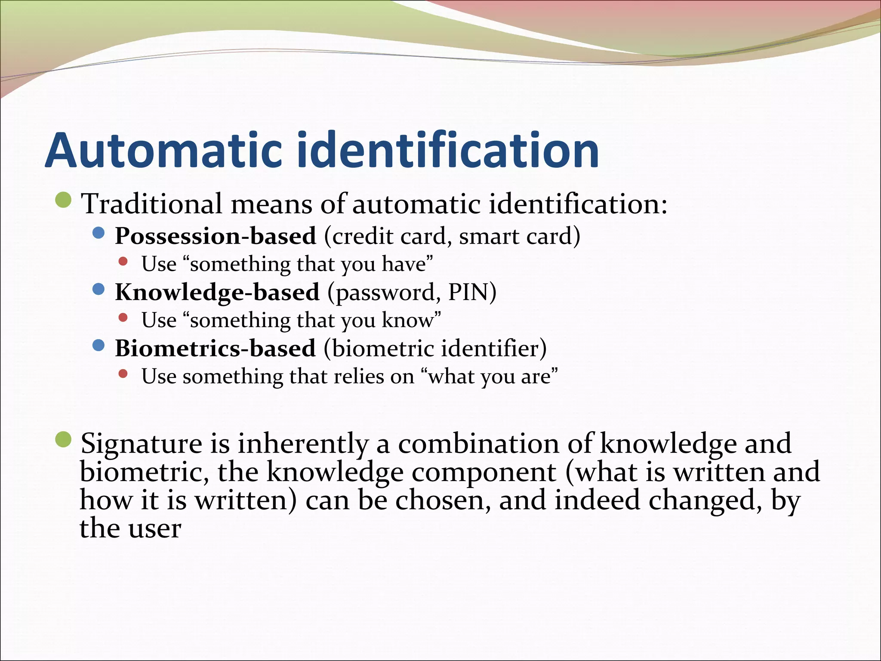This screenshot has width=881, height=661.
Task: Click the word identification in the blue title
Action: click(447, 150)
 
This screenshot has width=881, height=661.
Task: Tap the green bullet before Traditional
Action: click(64, 200)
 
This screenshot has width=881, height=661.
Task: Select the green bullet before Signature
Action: click(64, 439)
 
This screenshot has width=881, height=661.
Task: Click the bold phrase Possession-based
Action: click(216, 236)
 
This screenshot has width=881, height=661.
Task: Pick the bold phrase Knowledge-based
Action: click(217, 292)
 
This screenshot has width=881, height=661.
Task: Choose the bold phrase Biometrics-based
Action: click(215, 348)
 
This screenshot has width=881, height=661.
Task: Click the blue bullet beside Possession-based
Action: click(99, 233)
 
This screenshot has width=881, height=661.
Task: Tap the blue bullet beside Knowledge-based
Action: click(99, 289)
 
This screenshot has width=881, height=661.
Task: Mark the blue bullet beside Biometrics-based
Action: click(99, 345)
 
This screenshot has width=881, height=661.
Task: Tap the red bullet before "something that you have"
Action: click(123, 261)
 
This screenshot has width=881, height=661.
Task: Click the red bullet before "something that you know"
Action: click(123, 318)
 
